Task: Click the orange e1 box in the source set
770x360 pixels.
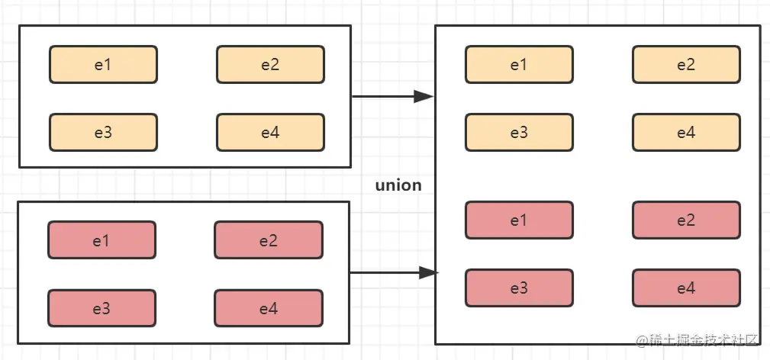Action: pyautogui.click(x=103, y=65)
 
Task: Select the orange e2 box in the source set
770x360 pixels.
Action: pyautogui.click(x=270, y=65)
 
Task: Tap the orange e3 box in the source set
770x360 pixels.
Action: pyautogui.click(x=103, y=133)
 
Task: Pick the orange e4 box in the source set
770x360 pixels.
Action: pyautogui.click(x=270, y=133)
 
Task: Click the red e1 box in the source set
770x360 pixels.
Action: pyautogui.click(x=101, y=240)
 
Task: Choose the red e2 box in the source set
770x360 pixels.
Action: pyautogui.click(x=268, y=240)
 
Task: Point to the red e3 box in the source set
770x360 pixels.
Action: pyautogui.click(x=101, y=308)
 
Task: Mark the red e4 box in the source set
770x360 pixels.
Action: pyautogui.click(x=268, y=308)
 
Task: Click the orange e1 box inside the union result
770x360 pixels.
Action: pyautogui.click(x=519, y=65)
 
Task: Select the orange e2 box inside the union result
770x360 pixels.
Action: pyautogui.click(x=685, y=65)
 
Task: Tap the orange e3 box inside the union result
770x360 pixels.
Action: pyautogui.click(x=519, y=133)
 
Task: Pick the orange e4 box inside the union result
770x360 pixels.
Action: pyautogui.click(x=685, y=133)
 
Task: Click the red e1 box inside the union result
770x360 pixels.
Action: pyautogui.click(x=519, y=220)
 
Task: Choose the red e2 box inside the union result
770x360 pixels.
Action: pyautogui.click(x=685, y=220)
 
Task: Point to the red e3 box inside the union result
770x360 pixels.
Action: pyautogui.click(x=519, y=288)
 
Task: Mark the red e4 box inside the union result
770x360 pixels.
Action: pyautogui.click(x=685, y=288)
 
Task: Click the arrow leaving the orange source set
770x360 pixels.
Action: pyautogui.click(x=391, y=97)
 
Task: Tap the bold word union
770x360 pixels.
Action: pyautogui.click(x=398, y=185)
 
